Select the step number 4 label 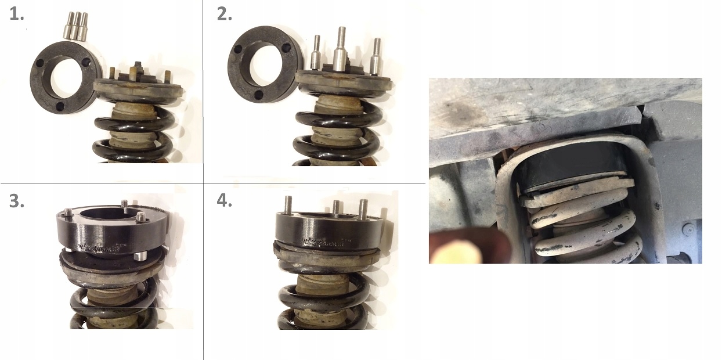click(224, 200)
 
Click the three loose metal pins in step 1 click(75, 26)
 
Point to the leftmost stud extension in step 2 click(316, 55)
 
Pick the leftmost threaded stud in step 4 click(287, 206)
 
